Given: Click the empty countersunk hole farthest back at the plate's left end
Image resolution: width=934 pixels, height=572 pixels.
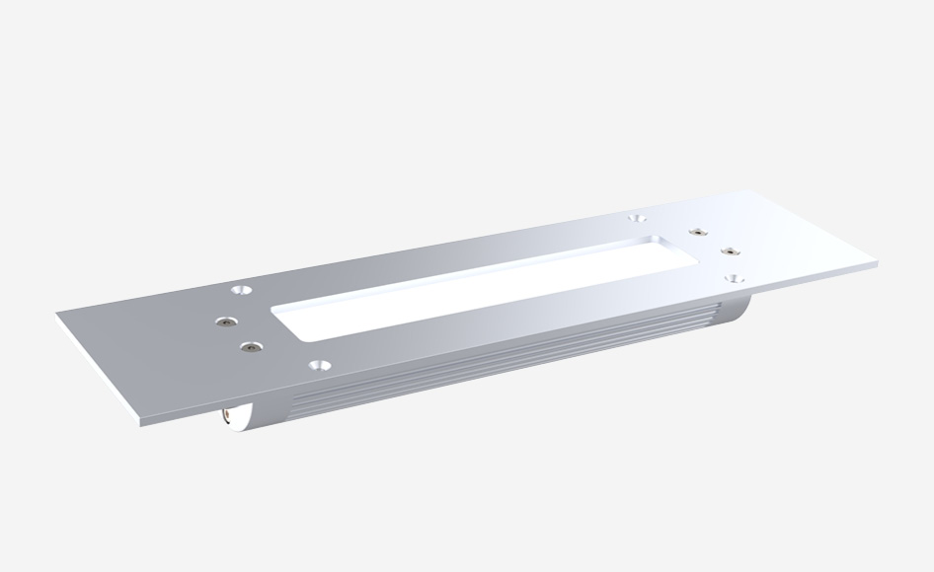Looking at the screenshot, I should click(240, 291).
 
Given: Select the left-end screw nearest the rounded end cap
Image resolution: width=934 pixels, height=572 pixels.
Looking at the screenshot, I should click(252, 347).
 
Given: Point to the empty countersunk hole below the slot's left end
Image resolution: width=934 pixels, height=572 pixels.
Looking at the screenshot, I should click(317, 364).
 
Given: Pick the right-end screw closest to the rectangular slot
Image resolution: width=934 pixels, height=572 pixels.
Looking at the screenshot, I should click(697, 231).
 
